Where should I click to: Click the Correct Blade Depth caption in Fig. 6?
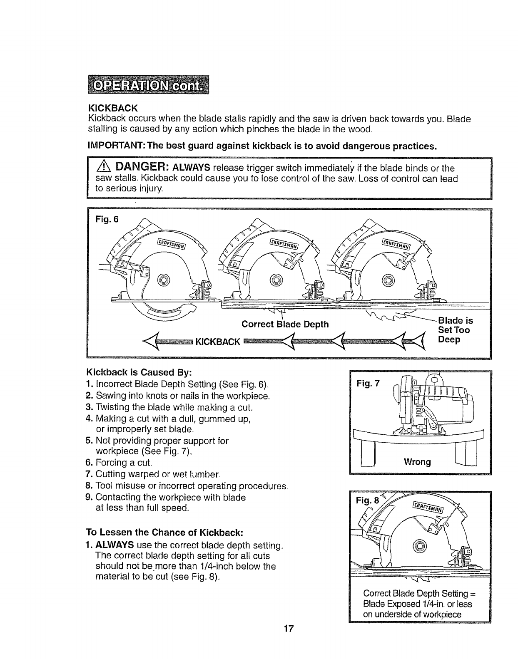(285, 324)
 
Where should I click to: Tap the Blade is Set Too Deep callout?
(455, 330)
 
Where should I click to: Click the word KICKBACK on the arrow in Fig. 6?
(218, 342)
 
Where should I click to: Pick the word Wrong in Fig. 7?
(417, 462)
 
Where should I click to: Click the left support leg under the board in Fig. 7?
(368, 454)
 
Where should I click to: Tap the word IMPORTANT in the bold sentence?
(114, 146)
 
